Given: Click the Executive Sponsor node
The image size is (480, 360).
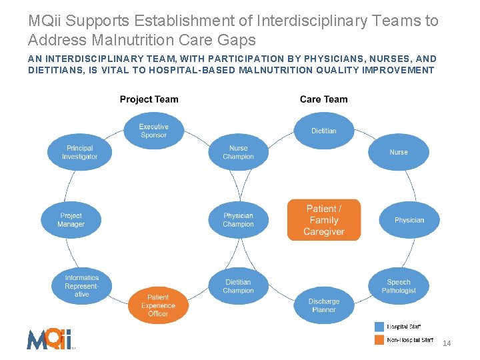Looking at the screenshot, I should pos(154,131).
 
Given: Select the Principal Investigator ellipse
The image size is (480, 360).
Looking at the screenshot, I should pos(79,152).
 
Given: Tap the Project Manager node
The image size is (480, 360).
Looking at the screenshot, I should pos(71,220).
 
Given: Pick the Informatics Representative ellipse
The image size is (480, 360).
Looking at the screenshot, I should pos(82,286).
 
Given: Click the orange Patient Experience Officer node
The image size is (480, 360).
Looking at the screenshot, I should pos(158,305).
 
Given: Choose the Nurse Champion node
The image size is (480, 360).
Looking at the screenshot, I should pos(238,152).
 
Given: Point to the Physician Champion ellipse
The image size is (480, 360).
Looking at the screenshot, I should pos(238,220).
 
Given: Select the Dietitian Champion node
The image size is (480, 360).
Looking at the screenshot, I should pos(238,286).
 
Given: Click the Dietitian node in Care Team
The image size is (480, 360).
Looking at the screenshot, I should pos(324,131).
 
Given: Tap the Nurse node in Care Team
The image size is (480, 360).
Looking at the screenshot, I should pos(399,152).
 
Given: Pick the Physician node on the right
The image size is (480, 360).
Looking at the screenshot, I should pos(409,220).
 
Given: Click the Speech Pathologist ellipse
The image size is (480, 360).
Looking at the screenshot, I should pos(399,286).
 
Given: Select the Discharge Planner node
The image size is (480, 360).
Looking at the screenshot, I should pos(324,305).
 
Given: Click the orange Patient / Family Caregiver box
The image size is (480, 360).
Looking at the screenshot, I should pos(324,220).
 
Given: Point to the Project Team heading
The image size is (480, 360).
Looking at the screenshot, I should pos(149,99).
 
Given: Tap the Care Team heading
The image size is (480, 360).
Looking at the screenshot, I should pos(323,99).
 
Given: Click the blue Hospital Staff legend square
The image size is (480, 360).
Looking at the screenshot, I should pos(379,327).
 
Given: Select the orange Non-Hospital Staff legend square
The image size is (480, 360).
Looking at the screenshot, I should pos(379,340).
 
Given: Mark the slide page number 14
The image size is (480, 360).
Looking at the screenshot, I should pos(447,343).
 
